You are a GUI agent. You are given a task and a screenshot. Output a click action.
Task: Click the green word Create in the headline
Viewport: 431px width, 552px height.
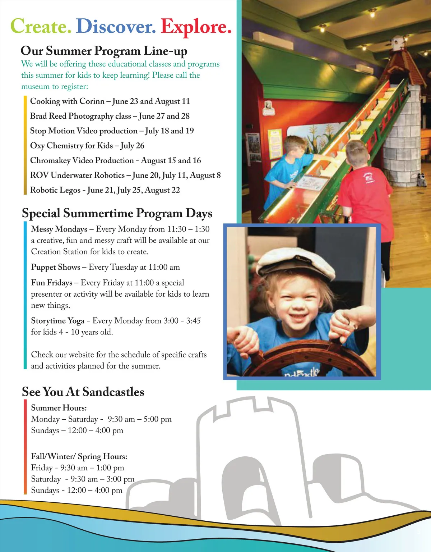[x=41, y=26]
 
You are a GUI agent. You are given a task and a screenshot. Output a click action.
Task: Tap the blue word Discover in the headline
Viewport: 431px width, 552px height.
[x=116, y=26]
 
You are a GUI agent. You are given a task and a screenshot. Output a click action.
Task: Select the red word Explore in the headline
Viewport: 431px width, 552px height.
[x=196, y=26]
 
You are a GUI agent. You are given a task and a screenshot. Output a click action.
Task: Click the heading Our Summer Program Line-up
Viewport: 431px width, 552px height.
[x=104, y=51]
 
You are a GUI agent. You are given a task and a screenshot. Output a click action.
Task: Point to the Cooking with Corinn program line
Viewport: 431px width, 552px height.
[x=110, y=101]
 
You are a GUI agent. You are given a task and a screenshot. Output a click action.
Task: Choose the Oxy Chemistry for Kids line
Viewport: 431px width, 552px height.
[x=87, y=146]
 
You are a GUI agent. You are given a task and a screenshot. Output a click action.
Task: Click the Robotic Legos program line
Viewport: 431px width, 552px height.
[x=105, y=190]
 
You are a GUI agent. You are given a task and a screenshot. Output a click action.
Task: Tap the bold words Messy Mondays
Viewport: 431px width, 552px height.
[x=59, y=229]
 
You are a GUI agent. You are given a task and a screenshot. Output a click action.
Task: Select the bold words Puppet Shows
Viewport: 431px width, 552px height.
[x=56, y=267]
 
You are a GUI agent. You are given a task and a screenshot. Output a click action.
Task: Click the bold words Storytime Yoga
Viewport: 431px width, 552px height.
[x=58, y=321]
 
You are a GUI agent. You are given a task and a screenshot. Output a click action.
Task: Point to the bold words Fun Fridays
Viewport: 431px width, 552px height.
[x=52, y=283]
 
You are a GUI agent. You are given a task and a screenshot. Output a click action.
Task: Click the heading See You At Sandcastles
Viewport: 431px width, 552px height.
[x=83, y=392]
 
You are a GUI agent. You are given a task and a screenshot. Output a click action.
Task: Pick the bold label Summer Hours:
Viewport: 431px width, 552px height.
[x=59, y=408]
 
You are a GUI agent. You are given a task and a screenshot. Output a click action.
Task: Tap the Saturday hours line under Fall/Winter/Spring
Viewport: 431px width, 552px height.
[x=83, y=479]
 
